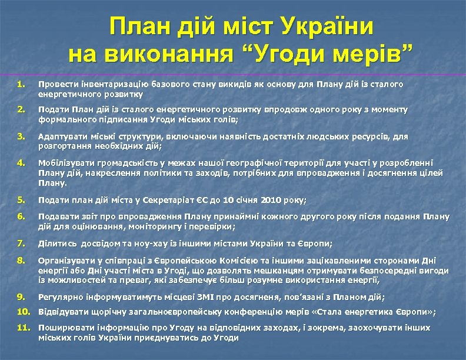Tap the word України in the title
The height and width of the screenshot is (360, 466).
pos(327,27)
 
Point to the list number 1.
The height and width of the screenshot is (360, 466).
pos(21,84)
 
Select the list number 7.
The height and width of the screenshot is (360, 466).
pos(21,243)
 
